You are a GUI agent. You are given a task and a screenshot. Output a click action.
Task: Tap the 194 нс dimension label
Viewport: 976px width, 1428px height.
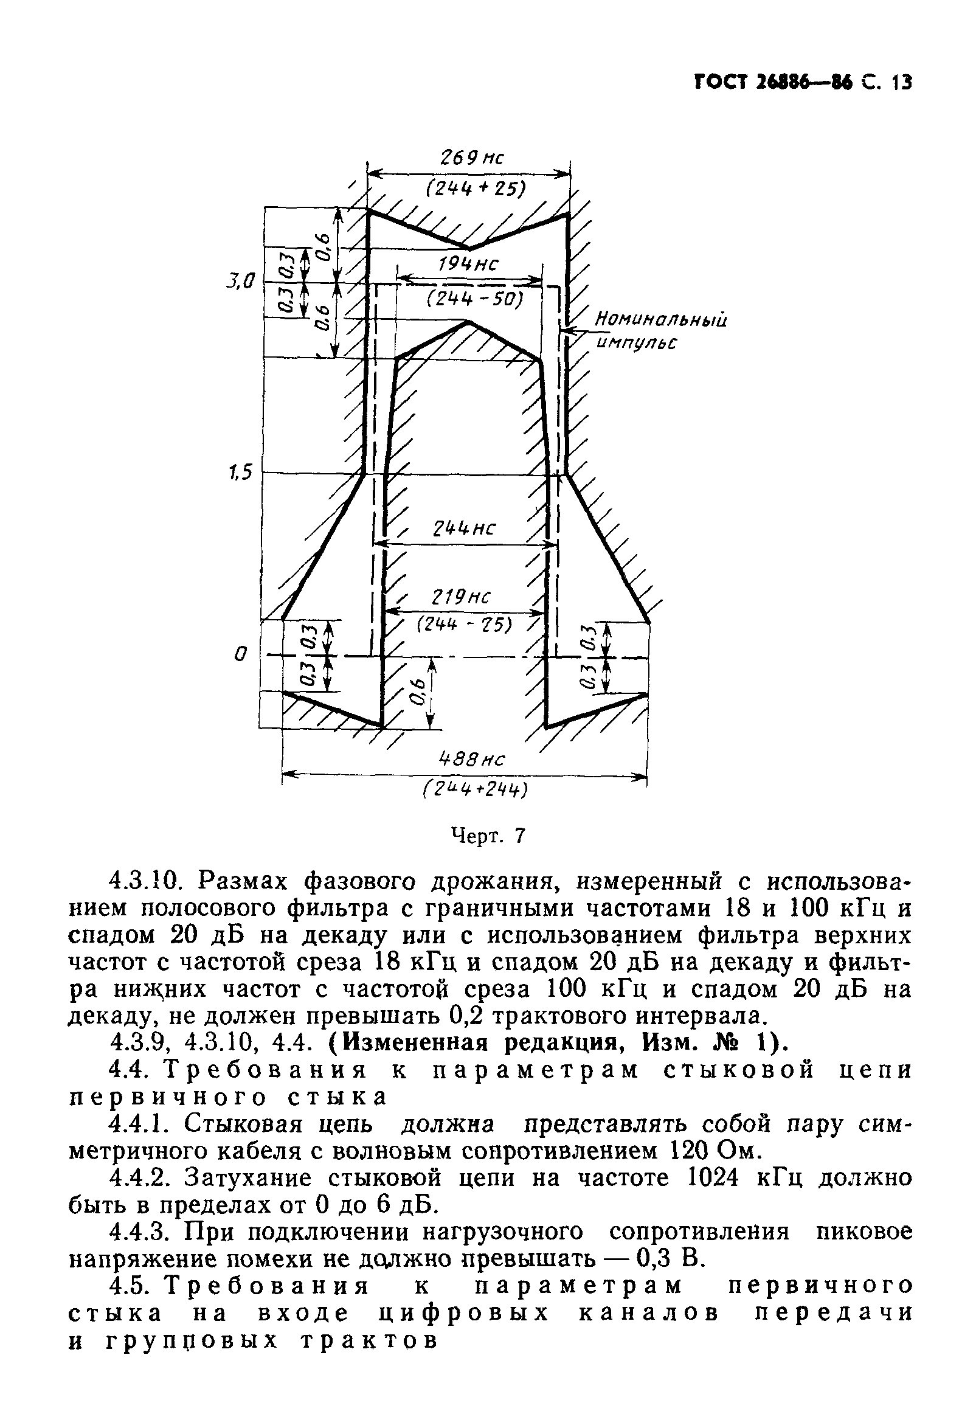click(x=469, y=265)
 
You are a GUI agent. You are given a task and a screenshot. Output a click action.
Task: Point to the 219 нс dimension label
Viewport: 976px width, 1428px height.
click(x=462, y=597)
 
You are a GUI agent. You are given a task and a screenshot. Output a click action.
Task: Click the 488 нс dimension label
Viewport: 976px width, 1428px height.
click(x=472, y=760)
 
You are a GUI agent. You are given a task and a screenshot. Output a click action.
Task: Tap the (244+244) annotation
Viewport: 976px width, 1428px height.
click(x=475, y=790)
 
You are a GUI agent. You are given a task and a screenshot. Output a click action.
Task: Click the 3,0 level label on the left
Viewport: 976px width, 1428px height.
click(x=240, y=282)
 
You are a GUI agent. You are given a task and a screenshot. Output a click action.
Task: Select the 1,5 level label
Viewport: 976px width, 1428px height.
click(x=240, y=473)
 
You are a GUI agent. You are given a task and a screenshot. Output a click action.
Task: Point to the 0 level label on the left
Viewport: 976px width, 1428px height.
click(x=241, y=654)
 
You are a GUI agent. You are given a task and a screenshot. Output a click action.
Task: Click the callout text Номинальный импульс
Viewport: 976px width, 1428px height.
click(x=660, y=331)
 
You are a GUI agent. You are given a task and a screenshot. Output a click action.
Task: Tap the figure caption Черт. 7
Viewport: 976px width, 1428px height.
click(x=489, y=836)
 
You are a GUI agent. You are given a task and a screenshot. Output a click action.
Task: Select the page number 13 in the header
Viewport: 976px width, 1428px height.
click(x=900, y=81)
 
